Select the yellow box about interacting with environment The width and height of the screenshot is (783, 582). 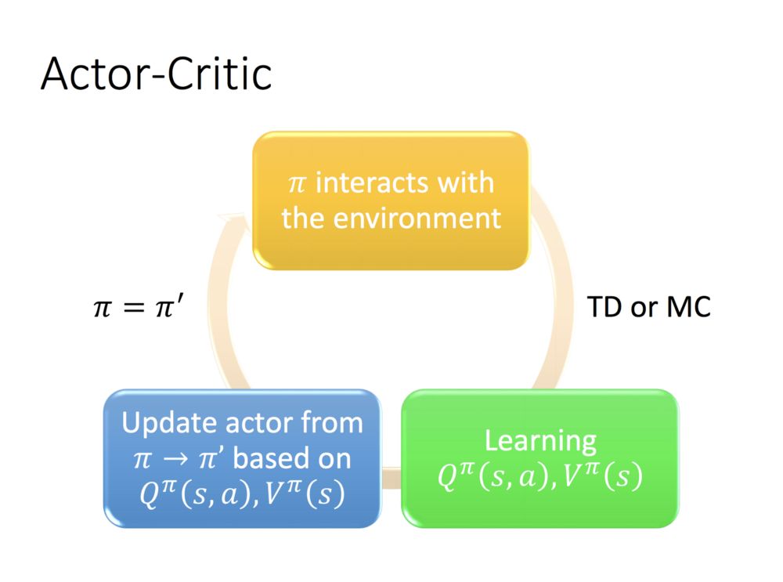pyautogui.click(x=390, y=201)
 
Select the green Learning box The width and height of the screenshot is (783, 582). pyautogui.click(x=539, y=458)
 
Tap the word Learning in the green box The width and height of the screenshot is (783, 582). pyautogui.click(x=540, y=440)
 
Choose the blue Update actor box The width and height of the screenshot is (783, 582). pyautogui.click(x=242, y=458)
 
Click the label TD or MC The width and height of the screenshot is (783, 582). pyautogui.click(x=649, y=307)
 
